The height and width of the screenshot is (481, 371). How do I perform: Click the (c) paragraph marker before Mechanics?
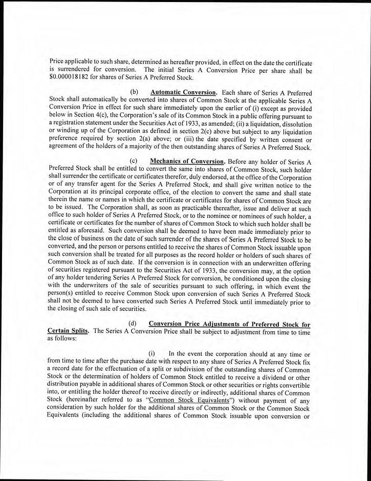[x=135, y=161]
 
